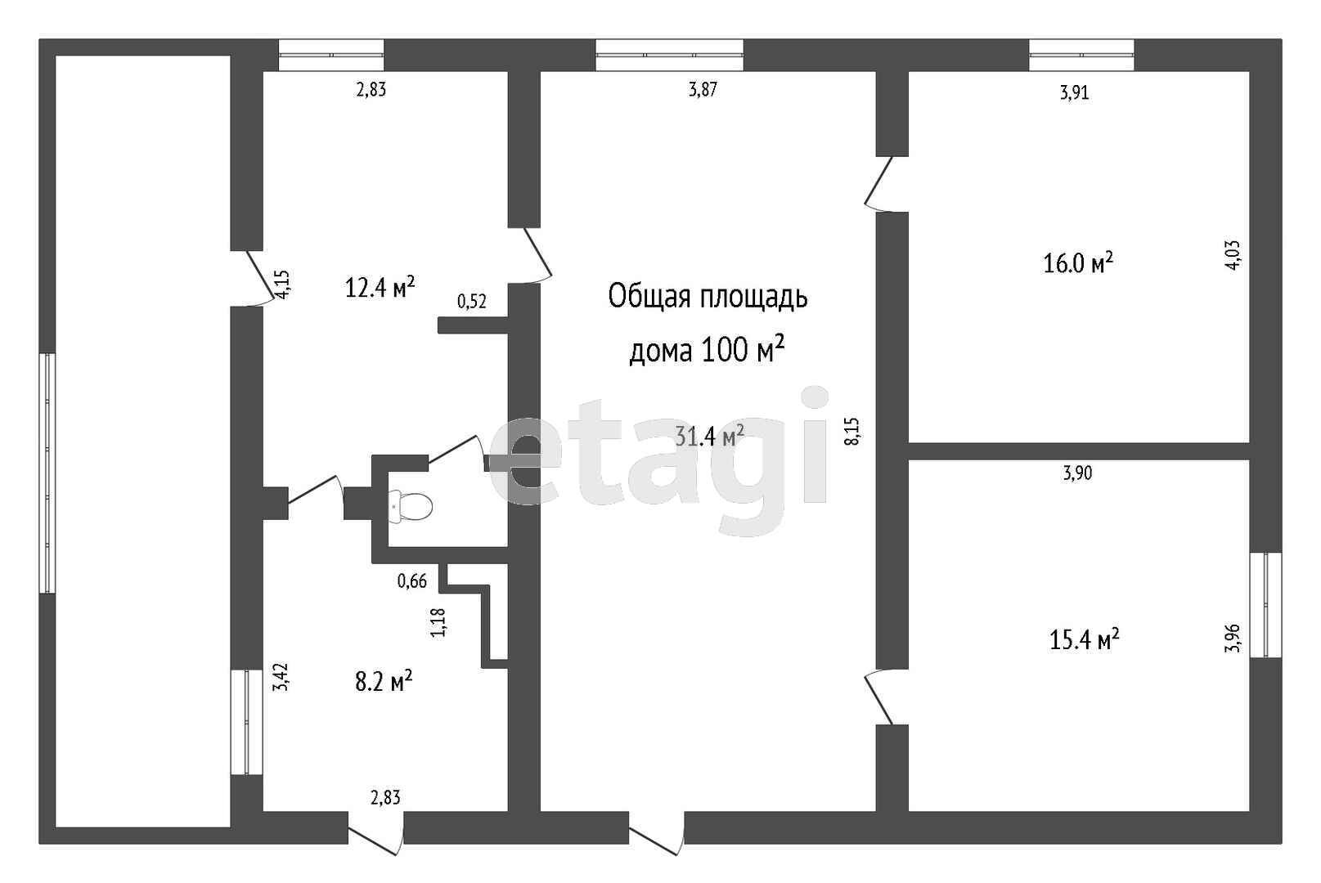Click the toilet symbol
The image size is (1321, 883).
click(x=411, y=506)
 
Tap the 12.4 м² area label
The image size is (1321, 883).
click(x=380, y=287)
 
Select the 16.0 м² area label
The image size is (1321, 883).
click(x=1078, y=262)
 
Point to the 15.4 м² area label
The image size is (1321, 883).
click(x=1085, y=639)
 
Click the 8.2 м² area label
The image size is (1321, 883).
click(x=384, y=681)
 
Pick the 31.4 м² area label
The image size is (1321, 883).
click(x=709, y=437)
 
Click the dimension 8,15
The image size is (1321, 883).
click(x=853, y=431)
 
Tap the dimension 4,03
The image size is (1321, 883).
click(x=1233, y=254)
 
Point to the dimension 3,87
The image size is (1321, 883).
click(x=703, y=90)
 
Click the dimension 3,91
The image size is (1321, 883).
click(x=1075, y=92)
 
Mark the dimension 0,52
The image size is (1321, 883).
click(x=472, y=302)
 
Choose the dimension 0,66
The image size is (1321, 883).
click(x=411, y=581)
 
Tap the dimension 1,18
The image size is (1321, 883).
click(x=438, y=622)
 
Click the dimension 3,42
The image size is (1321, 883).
click(x=282, y=677)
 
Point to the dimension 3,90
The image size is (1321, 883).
click(x=1077, y=473)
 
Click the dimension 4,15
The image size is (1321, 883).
click(x=283, y=285)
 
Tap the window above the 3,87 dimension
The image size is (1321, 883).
click(x=669, y=55)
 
